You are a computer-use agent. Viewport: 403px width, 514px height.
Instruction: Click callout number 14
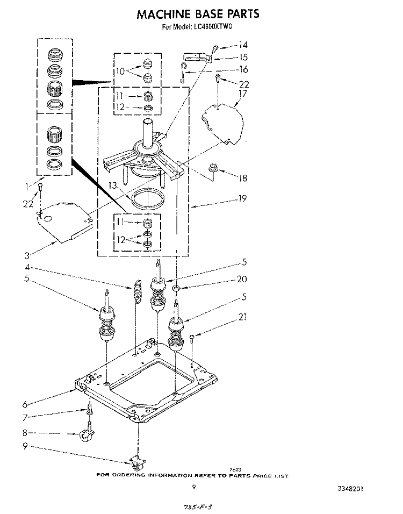click(x=243, y=45)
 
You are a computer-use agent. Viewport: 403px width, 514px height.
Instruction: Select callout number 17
click(x=243, y=94)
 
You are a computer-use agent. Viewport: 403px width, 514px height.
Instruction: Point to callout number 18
click(x=243, y=178)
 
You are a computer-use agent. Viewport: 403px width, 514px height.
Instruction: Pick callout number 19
click(x=242, y=198)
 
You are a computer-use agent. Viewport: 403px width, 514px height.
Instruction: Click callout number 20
click(x=242, y=279)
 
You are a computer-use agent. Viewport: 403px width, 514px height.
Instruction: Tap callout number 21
click(x=242, y=317)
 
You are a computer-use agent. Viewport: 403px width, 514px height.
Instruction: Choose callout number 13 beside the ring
click(x=113, y=186)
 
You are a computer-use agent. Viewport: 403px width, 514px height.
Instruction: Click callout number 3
click(x=27, y=255)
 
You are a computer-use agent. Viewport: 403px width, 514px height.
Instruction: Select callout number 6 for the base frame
click(x=25, y=404)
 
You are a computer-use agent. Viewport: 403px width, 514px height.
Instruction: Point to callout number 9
click(x=25, y=446)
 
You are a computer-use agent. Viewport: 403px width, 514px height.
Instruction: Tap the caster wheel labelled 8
click(x=86, y=433)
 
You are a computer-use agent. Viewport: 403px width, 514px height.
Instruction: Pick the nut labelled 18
click(x=213, y=168)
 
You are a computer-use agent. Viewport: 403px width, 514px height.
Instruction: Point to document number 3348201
click(x=350, y=489)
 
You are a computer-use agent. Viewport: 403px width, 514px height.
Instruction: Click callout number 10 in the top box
click(x=120, y=71)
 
